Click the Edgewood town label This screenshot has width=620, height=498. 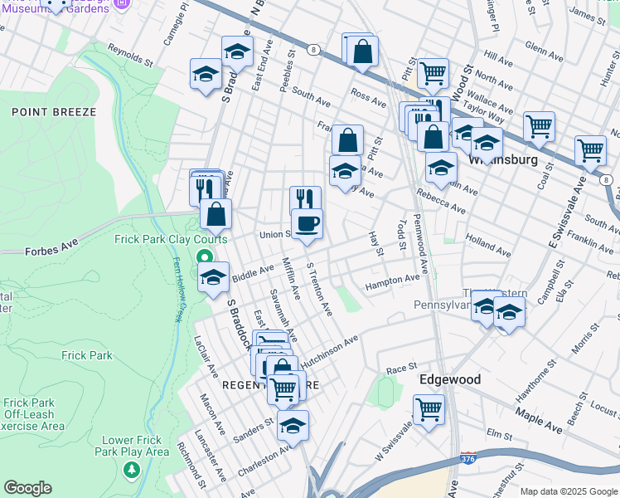449,379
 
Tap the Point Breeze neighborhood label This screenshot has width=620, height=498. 54,111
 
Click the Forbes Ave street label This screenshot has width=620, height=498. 51,250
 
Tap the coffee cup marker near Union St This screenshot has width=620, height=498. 308,223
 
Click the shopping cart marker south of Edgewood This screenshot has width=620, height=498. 429,408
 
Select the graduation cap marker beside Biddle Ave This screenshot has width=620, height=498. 214,278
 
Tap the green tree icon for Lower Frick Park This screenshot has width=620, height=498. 130,471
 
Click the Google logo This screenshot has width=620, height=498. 27,488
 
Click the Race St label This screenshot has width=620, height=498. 400,369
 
